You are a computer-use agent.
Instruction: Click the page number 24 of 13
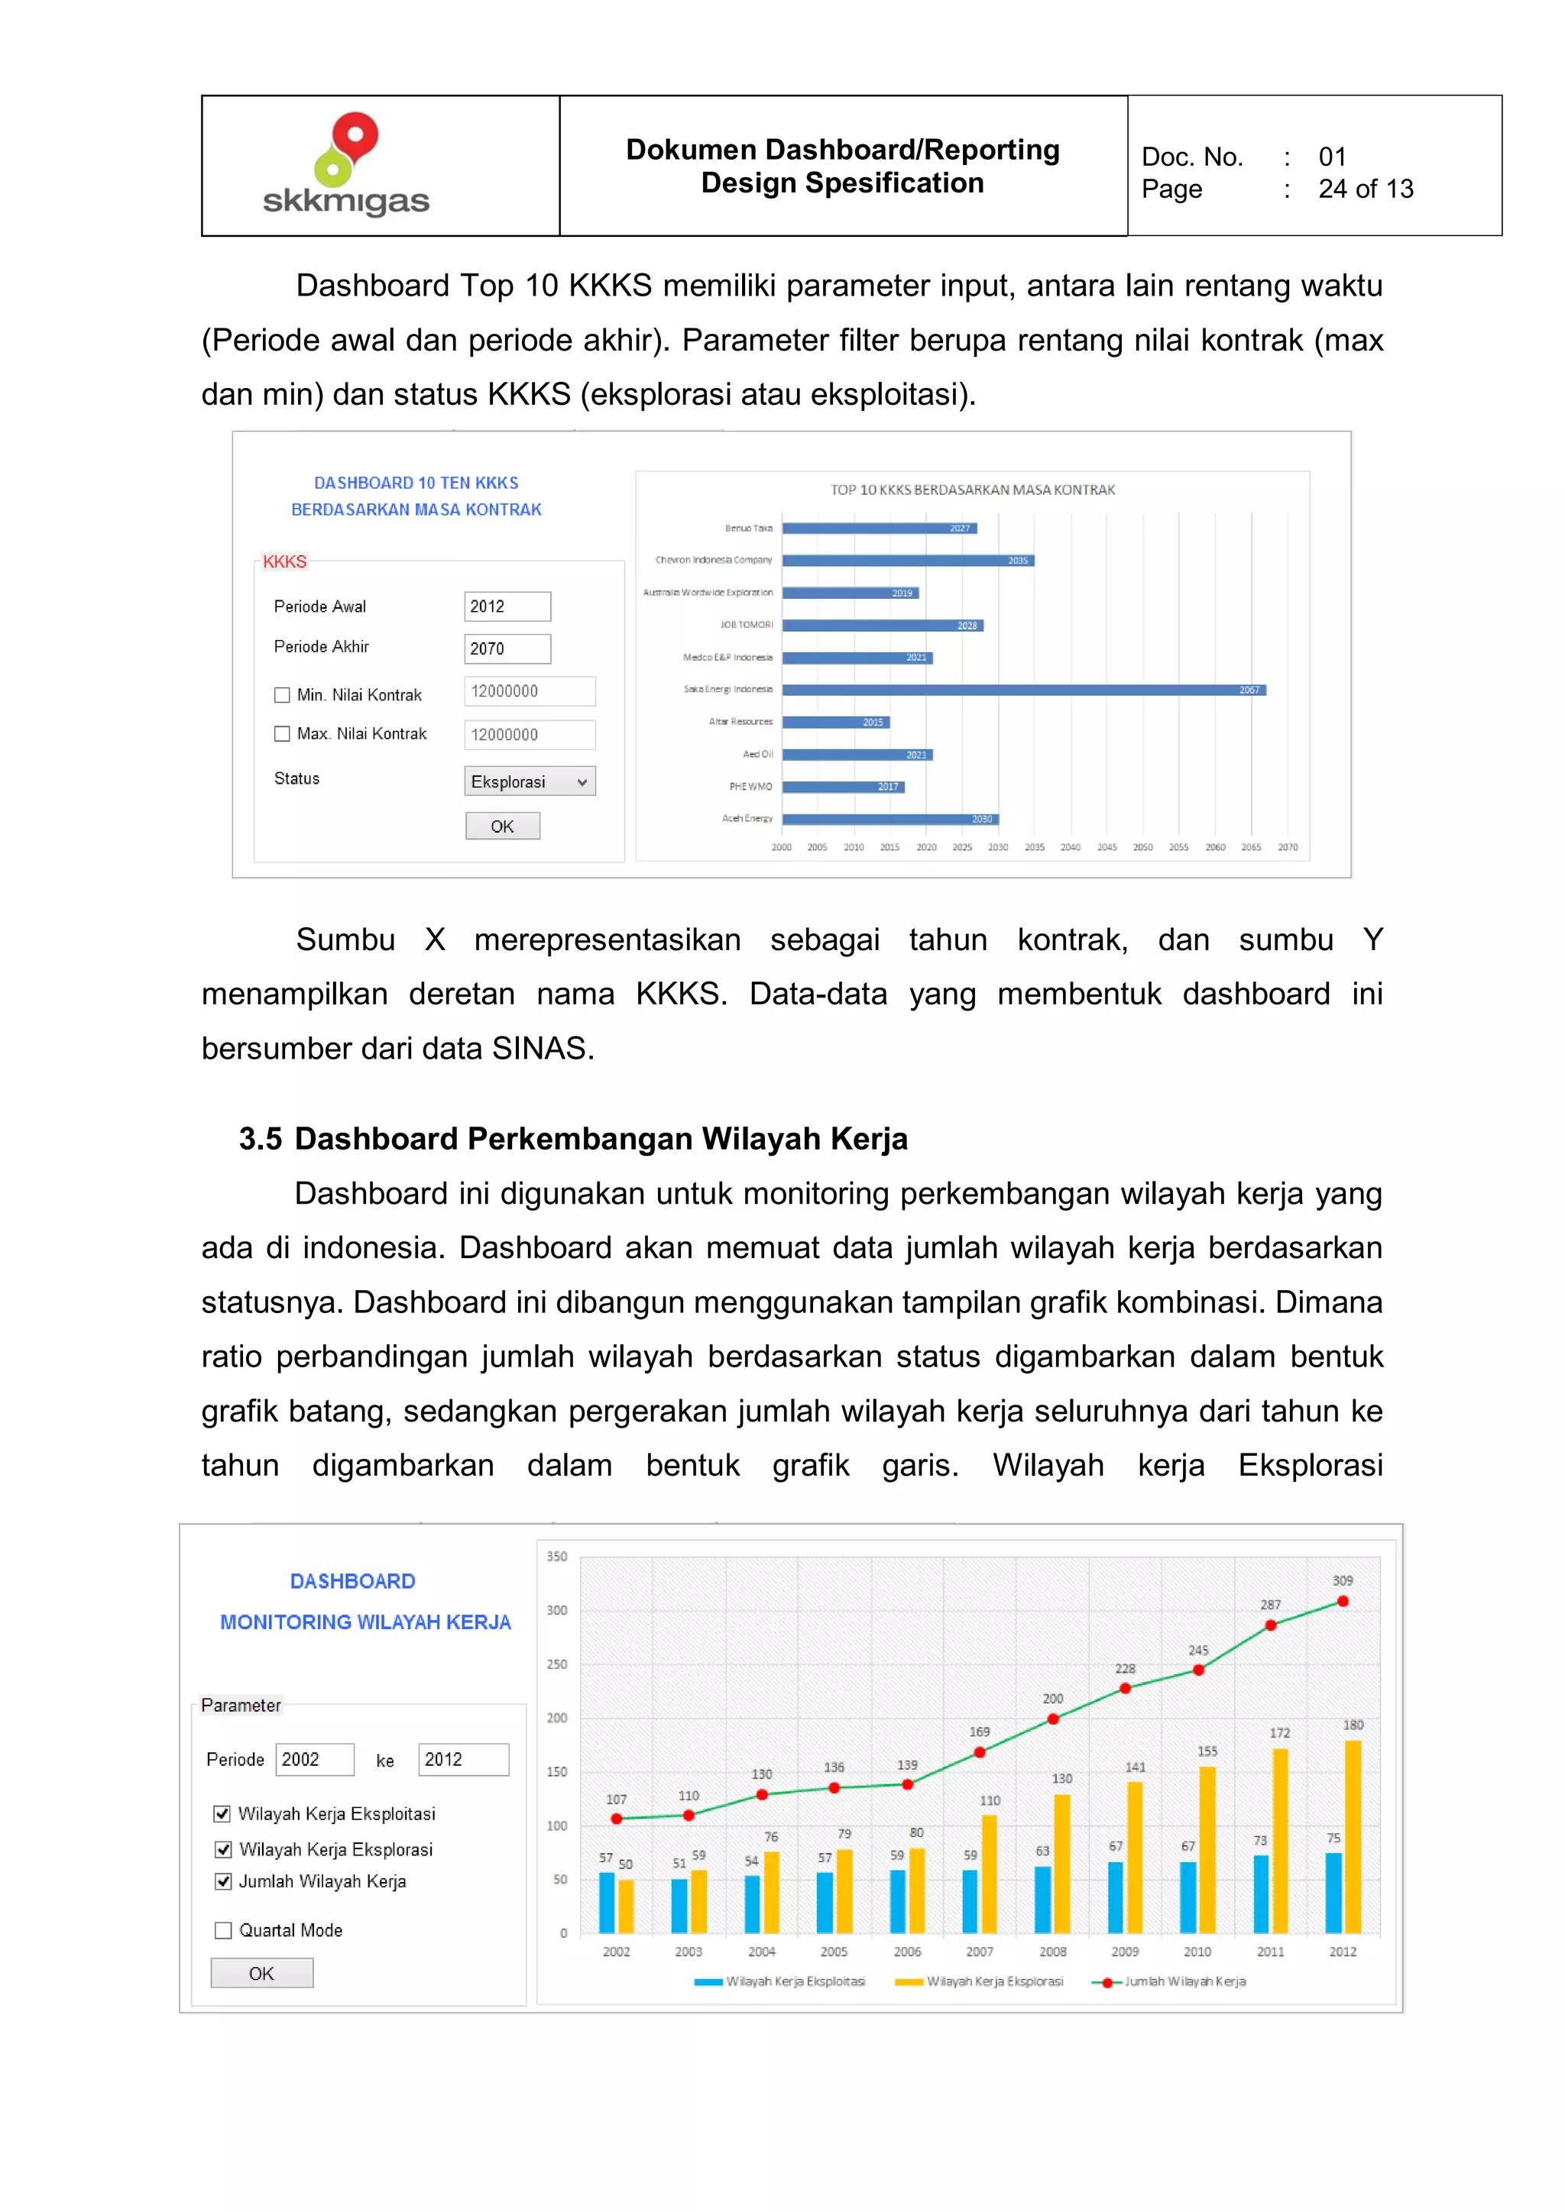[x=1365, y=189]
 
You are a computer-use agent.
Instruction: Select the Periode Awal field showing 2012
[x=507, y=606]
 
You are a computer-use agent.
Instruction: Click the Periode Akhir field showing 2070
[x=507, y=648]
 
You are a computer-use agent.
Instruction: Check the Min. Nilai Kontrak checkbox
[x=282, y=694]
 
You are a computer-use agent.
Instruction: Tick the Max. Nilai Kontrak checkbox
[x=282, y=734]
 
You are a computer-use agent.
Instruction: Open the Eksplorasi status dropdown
[x=529, y=781]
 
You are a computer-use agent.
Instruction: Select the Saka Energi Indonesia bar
[x=1023, y=690]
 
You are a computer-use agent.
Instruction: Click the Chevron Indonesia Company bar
[x=908, y=561]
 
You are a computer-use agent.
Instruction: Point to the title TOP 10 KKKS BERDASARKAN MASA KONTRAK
[x=972, y=490]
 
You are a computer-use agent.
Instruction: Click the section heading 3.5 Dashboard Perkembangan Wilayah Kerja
[x=573, y=1139]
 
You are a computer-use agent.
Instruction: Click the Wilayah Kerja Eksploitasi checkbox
[x=222, y=1814]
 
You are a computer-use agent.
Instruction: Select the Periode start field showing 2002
[x=314, y=1759]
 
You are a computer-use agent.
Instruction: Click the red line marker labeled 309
[x=1343, y=1601]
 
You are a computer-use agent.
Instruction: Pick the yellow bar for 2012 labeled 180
[x=1353, y=1835]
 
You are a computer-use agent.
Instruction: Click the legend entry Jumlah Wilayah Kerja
[x=1169, y=1982]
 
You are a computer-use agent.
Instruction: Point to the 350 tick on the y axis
[x=557, y=1556]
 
